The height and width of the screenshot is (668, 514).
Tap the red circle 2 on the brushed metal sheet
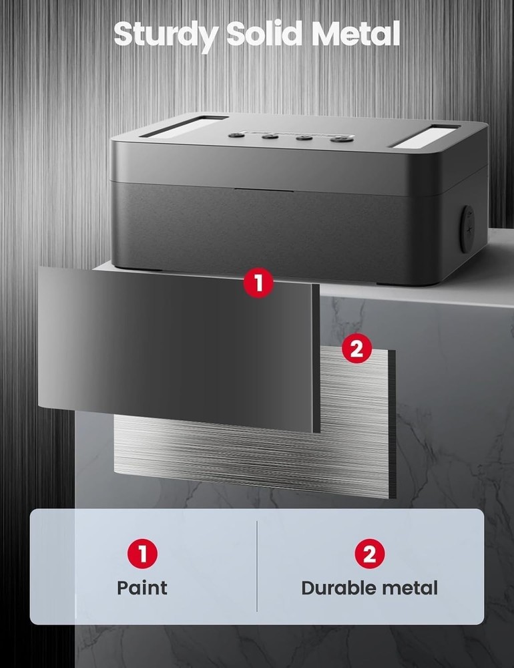point(356,349)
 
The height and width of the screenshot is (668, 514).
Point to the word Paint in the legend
point(142,588)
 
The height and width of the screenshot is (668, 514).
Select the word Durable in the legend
point(340,588)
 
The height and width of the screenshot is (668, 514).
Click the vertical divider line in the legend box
point(257,566)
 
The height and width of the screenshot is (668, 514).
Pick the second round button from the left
point(270,136)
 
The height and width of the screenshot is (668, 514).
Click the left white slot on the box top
point(179,126)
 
